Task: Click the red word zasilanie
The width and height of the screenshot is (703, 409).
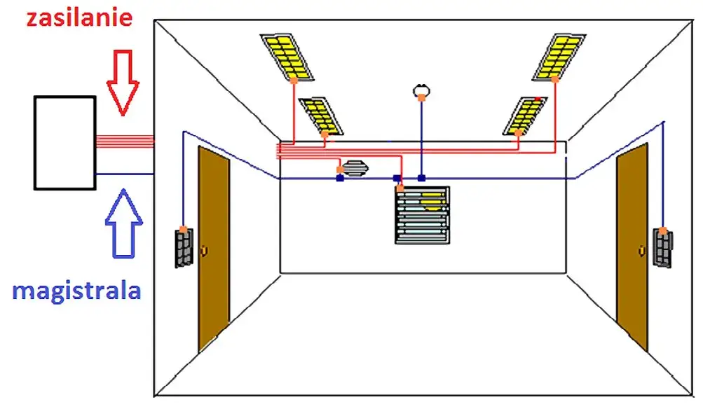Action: tap(79, 17)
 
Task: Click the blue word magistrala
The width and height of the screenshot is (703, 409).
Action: tap(76, 290)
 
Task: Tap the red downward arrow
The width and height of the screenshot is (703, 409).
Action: tap(123, 81)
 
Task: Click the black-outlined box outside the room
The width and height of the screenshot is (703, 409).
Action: tap(64, 142)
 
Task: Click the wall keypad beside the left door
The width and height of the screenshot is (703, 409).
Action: tap(183, 247)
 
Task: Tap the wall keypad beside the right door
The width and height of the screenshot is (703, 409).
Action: tap(663, 247)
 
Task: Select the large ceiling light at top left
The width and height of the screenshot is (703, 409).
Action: tap(289, 56)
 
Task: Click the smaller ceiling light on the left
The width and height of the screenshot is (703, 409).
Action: tap(321, 114)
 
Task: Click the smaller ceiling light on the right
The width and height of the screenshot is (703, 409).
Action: tap(526, 115)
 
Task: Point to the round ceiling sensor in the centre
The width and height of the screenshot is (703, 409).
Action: tap(421, 90)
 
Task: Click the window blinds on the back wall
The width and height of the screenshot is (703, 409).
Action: tap(422, 214)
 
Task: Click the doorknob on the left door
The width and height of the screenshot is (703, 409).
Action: tap(203, 250)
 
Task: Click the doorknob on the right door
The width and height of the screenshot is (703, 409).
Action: tap(641, 249)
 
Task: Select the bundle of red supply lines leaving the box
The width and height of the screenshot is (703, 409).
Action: tap(125, 141)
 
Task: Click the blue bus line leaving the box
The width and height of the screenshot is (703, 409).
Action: tap(125, 174)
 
